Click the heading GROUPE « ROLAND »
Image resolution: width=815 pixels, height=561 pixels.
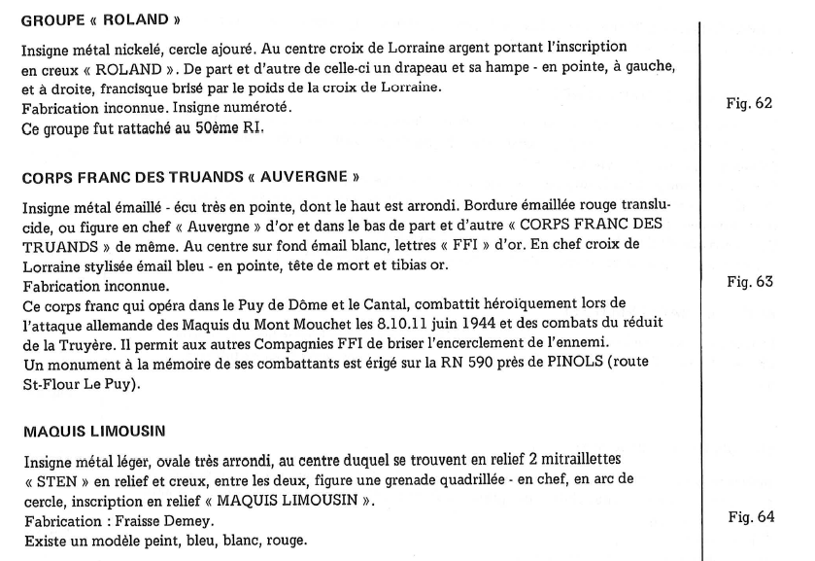80,20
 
